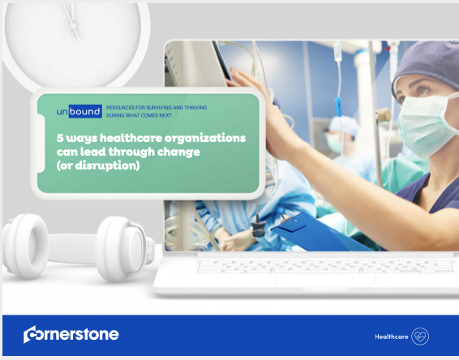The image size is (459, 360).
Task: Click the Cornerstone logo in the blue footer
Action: coord(71,334)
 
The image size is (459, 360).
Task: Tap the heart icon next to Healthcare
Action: coord(420,336)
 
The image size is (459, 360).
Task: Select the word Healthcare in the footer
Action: coord(392,336)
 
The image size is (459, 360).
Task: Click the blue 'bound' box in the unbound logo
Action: coord(85,112)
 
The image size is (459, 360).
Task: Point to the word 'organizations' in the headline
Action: coord(205,138)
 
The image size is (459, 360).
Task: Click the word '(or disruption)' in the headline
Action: coord(98,165)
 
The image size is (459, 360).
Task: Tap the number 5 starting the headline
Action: coord(60,138)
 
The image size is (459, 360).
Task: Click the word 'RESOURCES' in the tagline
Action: coord(120,107)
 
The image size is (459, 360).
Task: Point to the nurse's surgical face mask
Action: coord(424,124)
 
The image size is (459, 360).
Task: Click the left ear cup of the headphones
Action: coord(26,246)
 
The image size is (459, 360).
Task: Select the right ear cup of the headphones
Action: coord(124,249)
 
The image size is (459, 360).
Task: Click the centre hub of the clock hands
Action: coord(73,26)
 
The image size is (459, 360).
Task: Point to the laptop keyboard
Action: coord(326,267)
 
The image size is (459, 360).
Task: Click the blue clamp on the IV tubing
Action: coord(338,106)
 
